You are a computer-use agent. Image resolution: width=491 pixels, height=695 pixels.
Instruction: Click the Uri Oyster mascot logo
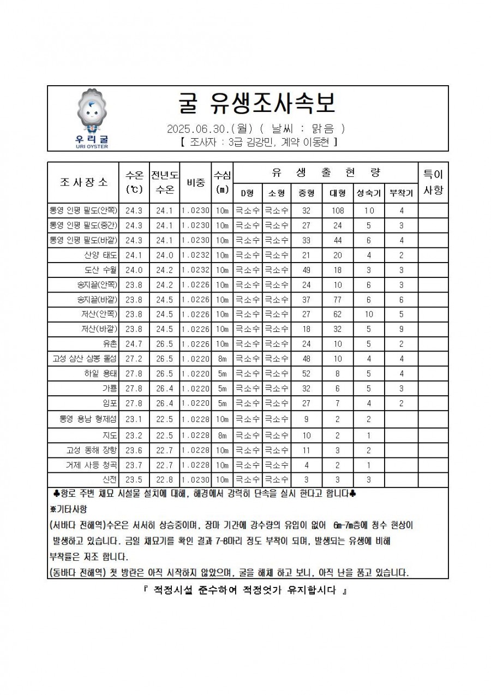(92, 118)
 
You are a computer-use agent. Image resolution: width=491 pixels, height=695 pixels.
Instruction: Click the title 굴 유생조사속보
(257, 103)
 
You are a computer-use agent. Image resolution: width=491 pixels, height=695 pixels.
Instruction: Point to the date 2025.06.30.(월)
(209, 129)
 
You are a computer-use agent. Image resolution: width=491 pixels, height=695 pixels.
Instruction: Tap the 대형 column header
(338, 193)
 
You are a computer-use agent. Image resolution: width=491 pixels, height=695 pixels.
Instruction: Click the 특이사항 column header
(433, 182)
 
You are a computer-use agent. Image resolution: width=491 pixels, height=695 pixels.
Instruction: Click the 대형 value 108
(338, 210)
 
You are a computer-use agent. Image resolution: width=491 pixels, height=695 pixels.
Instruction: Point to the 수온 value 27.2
(134, 359)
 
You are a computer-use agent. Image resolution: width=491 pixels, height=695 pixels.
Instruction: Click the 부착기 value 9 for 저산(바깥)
(401, 329)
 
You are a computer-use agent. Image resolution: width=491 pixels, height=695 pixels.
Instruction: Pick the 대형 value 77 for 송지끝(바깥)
(338, 299)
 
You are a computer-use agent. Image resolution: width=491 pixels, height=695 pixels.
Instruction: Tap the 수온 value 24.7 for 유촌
(134, 344)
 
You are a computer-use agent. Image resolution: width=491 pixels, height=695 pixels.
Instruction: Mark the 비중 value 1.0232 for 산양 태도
(195, 255)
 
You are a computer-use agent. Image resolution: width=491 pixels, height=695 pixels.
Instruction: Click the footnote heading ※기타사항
(68, 508)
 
